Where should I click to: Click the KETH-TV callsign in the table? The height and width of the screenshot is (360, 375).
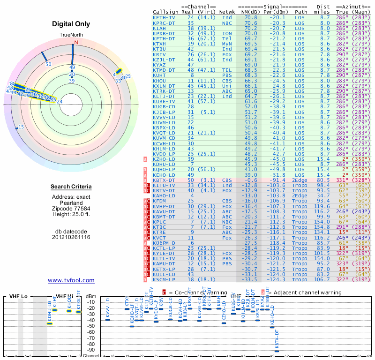[x=164, y=17]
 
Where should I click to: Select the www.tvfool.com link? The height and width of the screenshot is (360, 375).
[x=71, y=280]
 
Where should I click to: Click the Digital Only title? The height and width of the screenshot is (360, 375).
[x=71, y=24]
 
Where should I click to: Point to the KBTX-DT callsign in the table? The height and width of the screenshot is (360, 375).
[x=164, y=180]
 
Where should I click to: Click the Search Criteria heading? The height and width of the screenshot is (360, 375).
[x=71, y=187]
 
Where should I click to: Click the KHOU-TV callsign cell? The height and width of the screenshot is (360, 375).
[x=164, y=81]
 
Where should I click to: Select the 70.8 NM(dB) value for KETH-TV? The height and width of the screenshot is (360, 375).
[x=250, y=17]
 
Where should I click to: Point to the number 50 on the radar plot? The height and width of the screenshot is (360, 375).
[x=48, y=64]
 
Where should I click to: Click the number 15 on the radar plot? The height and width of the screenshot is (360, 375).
[x=21, y=127]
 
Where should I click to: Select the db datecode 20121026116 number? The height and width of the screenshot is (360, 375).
[x=71, y=237]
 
